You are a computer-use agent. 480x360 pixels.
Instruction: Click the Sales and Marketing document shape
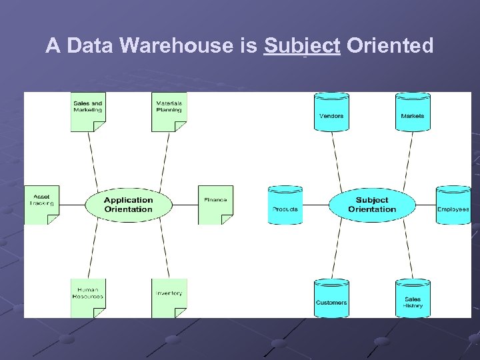[88, 111]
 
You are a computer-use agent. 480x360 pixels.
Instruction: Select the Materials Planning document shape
[169, 111]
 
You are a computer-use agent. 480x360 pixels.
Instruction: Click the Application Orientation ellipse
[128, 205]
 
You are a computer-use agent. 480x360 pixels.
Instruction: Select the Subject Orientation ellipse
[371, 205]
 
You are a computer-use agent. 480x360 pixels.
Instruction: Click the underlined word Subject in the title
[302, 46]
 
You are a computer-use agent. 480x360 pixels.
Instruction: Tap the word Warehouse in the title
[182, 46]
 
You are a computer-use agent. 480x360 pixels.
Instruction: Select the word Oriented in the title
[390, 46]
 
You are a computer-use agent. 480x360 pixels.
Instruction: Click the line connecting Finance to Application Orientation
[185, 205]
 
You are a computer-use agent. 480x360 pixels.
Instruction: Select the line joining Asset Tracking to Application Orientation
[71, 205]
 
